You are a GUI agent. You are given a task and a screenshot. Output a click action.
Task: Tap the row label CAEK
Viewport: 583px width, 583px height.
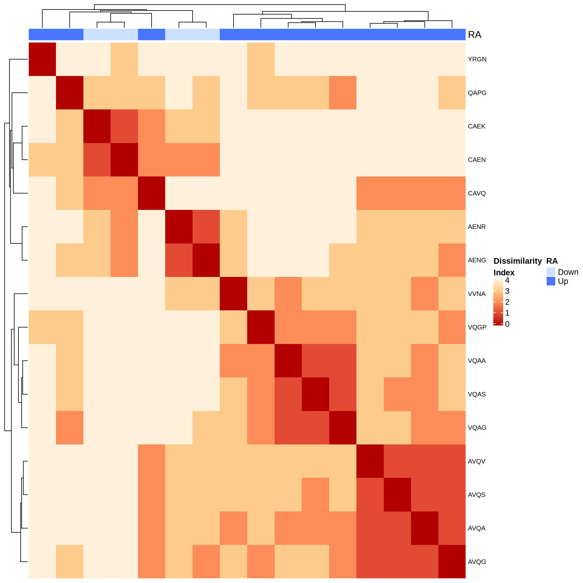click(x=477, y=126)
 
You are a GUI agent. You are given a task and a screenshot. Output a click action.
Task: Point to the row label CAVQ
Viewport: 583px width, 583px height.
click(x=477, y=193)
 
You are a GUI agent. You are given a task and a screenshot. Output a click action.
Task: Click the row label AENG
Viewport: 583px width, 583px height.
click(x=477, y=260)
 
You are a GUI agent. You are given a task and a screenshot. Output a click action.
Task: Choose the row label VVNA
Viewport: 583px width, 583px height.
click(x=477, y=294)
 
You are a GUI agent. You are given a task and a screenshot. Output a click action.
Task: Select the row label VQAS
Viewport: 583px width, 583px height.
click(x=477, y=394)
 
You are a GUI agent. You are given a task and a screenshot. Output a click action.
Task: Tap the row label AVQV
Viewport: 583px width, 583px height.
click(x=477, y=461)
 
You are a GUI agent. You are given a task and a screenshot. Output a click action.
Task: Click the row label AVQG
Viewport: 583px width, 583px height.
click(x=477, y=562)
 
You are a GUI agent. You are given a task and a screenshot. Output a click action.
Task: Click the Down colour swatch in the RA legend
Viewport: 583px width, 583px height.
click(x=551, y=272)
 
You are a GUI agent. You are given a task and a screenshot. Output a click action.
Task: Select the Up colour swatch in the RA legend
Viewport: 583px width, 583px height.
click(x=551, y=281)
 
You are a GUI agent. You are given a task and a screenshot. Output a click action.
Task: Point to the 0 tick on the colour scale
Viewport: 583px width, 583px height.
click(x=507, y=324)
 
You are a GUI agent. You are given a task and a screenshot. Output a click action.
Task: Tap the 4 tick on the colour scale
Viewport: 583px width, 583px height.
click(x=507, y=280)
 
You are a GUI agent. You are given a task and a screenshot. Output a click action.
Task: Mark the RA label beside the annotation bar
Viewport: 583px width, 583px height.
click(x=474, y=35)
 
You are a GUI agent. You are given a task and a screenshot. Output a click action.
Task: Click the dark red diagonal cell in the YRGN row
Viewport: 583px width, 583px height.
click(x=42, y=59)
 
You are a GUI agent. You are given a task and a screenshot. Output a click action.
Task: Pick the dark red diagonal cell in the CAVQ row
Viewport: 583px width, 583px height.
click(x=152, y=193)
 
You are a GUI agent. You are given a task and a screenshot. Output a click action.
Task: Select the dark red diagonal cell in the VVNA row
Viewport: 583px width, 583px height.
click(x=233, y=294)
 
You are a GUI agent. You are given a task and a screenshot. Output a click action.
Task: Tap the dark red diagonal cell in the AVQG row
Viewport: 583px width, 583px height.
click(x=452, y=562)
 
